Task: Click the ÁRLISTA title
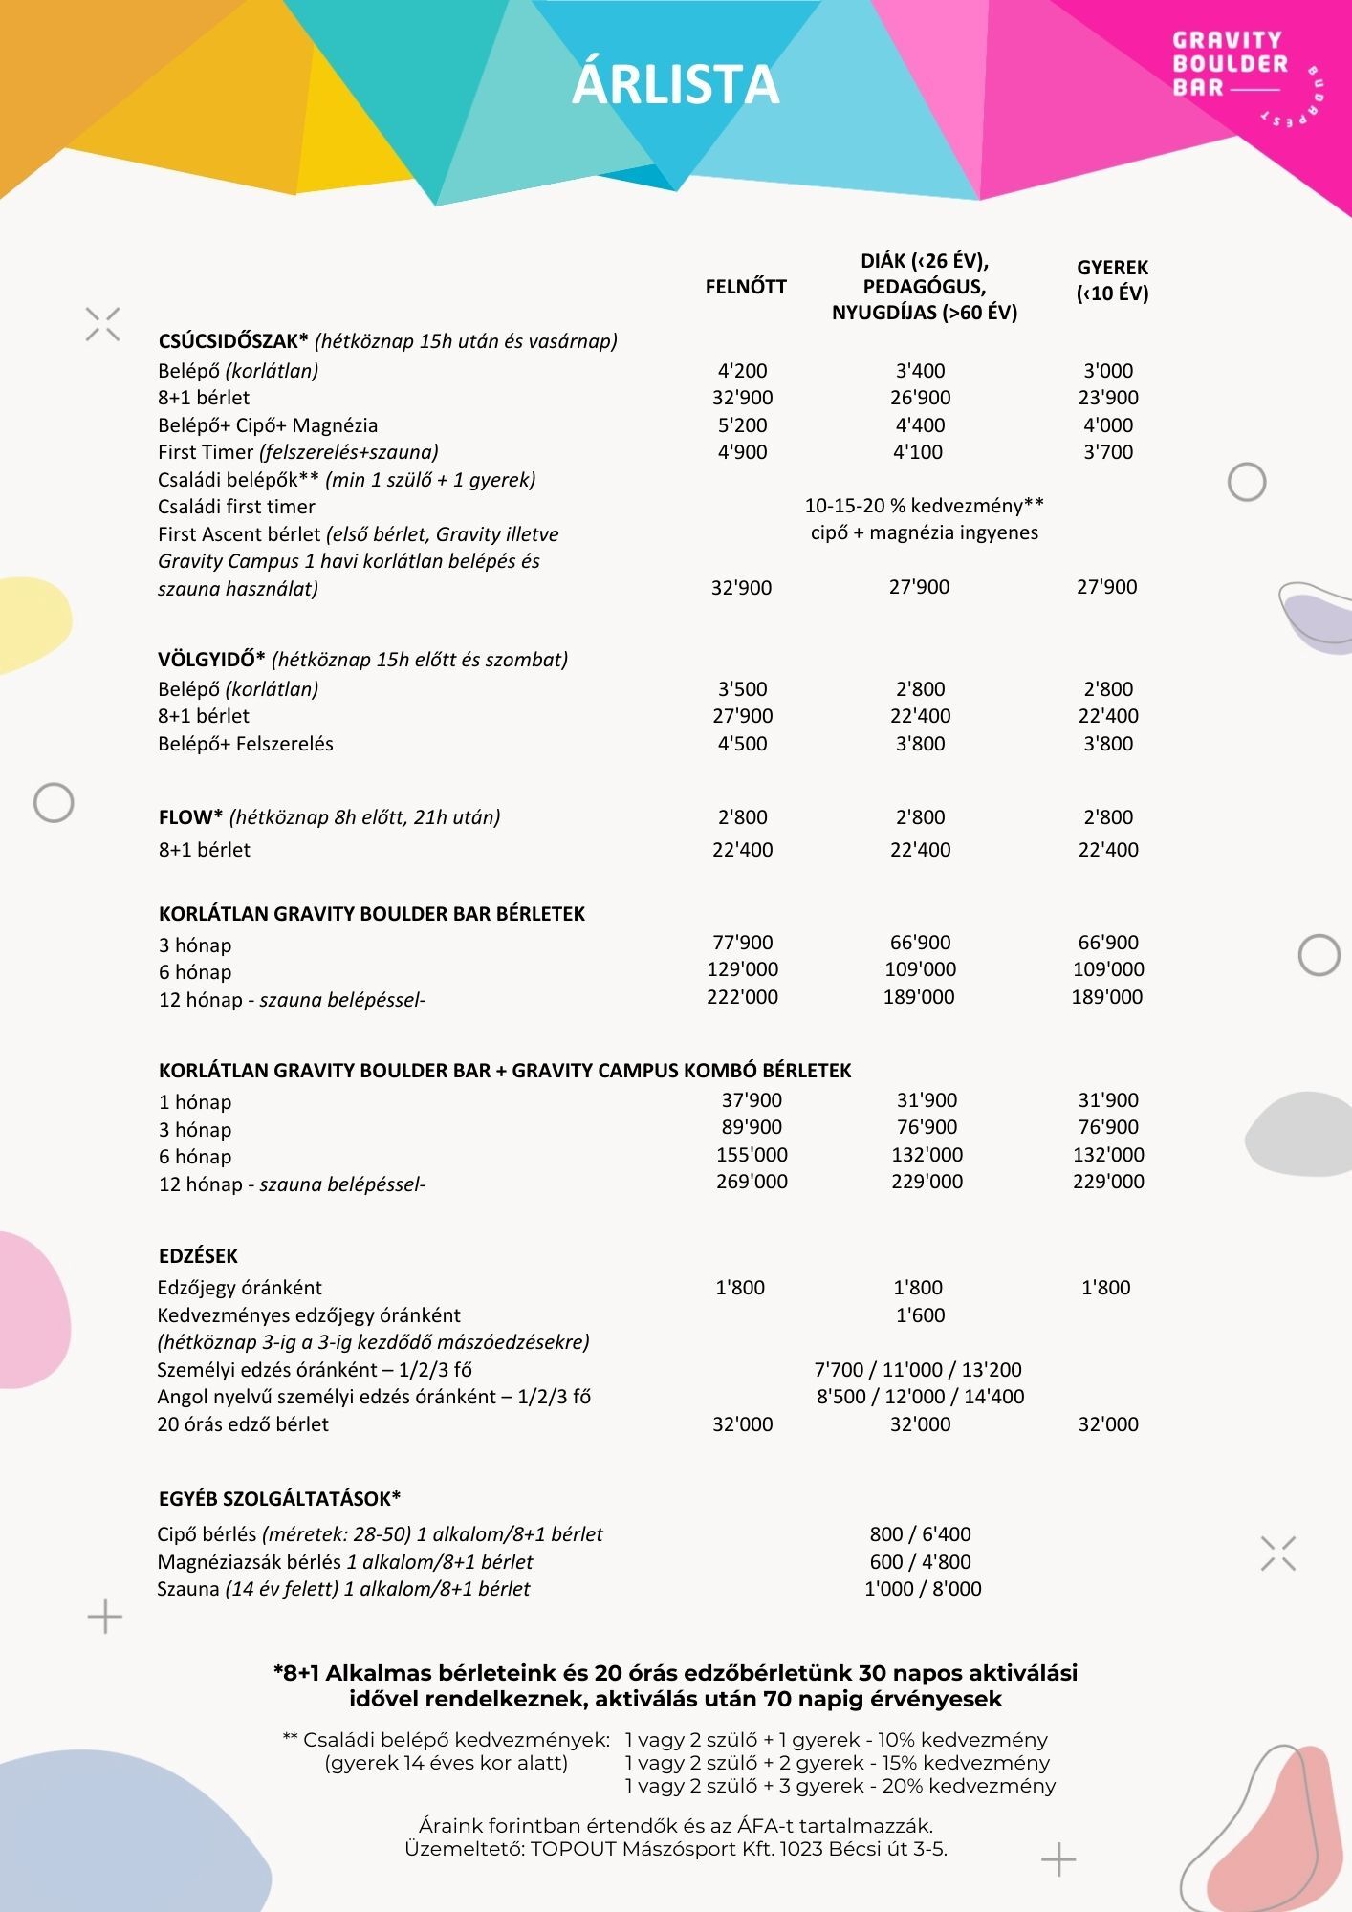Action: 675,84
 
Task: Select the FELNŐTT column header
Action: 746,287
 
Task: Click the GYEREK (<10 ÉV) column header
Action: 1112,280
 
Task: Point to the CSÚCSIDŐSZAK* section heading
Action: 233,341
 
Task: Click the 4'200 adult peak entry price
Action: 743,371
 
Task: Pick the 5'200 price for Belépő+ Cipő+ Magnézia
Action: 743,425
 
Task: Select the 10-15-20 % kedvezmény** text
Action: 924,505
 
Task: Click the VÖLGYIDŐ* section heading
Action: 211,660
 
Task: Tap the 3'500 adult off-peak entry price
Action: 743,689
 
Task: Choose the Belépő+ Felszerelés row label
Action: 246,744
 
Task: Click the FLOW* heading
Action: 191,817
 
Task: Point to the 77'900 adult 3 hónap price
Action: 743,943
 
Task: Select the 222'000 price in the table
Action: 743,997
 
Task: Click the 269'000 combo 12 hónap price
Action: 752,1182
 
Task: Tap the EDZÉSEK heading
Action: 198,1256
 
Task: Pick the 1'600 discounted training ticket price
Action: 920,1315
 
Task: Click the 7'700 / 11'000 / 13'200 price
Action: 918,1370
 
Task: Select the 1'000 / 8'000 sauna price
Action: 923,1589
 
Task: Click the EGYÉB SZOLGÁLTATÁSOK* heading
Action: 279,1499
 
